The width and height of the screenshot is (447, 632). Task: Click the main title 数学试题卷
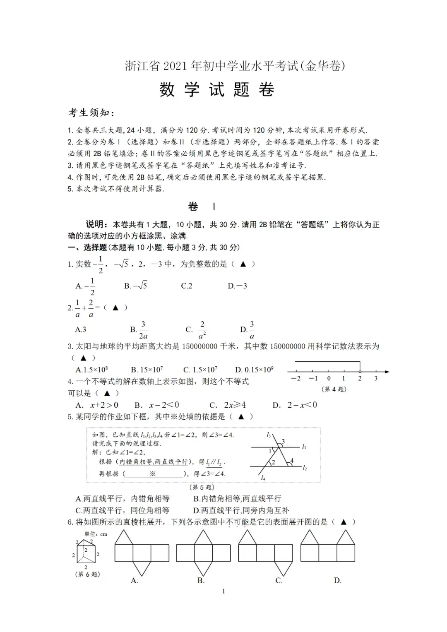point(216,89)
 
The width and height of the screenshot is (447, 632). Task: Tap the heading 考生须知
point(91,113)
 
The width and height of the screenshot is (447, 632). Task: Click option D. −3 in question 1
point(237,286)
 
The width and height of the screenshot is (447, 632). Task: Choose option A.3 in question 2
point(80,329)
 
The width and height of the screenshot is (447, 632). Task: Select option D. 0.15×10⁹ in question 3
point(254,370)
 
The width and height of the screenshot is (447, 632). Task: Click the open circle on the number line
point(360,372)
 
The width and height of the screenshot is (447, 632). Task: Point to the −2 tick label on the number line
point(296,378)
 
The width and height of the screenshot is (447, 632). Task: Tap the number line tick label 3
point(376,378)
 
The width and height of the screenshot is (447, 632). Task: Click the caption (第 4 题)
point(334,389)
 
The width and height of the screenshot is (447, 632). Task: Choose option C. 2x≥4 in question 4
point(227,405)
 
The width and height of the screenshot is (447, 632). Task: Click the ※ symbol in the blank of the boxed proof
point(152,473)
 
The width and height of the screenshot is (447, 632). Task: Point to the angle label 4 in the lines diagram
point(292,460)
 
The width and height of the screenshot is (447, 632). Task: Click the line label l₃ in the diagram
point(269,435)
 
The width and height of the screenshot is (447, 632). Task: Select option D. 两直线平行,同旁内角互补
point(241,510)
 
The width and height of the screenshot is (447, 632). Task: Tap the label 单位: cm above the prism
point(96,534)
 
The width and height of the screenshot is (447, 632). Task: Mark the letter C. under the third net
point(279,581)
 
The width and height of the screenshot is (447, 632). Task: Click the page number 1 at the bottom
point(223,591)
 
